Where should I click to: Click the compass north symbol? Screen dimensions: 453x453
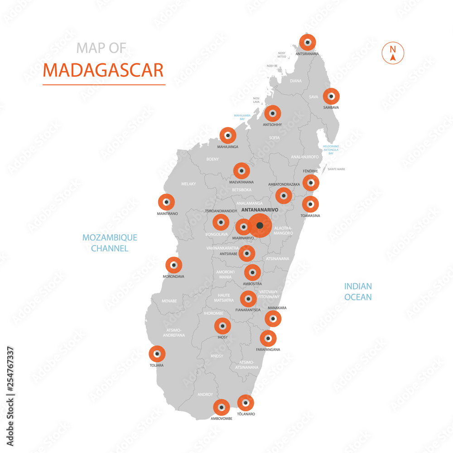[x=393, y=53]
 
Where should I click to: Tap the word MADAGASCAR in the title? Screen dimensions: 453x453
[x=103, y=71]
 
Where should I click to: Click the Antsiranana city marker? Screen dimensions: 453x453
[x=308, y=43]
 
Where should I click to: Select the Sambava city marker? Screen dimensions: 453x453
[x=331, y=96]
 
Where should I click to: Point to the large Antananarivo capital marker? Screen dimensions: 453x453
[x=260, y=226]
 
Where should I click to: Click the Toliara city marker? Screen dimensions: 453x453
[x=157, y=354]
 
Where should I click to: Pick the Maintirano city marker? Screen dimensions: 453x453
[x=166, y=202]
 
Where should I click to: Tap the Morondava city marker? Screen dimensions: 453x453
[x=173, y=265]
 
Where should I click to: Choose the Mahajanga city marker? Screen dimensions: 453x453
[x=228, y=135]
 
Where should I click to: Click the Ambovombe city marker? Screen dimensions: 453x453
[x=221, y=408]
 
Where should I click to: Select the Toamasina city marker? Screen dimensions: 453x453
[x=310, y=204]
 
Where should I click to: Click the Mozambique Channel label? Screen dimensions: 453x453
[x=110, y=243]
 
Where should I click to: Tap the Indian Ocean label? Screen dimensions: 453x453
[x=358, y=292]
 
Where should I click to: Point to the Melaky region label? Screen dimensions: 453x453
[x=188, y=183]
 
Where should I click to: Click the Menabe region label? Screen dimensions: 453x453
[x=169, y=300]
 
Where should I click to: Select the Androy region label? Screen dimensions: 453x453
[x=205, y=395]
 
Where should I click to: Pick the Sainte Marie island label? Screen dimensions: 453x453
[x=336, y=169]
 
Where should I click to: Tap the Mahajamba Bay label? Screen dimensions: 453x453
[x=242, y=117]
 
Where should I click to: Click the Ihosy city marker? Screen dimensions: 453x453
[x=222, y=326]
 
